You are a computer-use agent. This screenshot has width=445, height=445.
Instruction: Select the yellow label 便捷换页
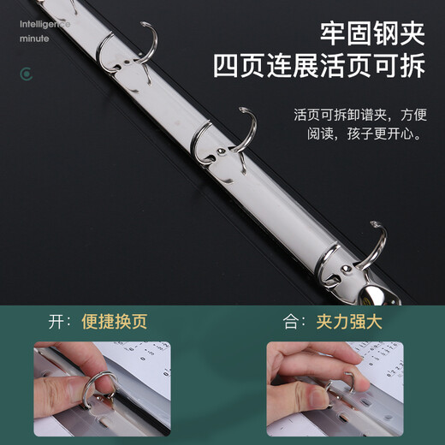(x=114, y=323)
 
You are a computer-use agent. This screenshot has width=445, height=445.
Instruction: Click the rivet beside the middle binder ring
(x=222, y=151)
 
